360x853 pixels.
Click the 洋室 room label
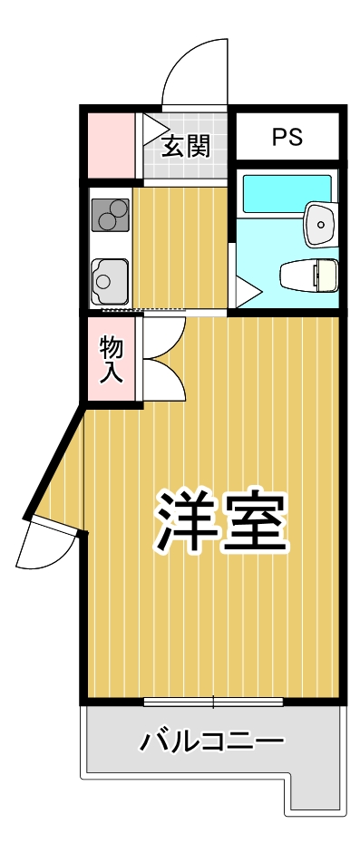(x=222, y=524)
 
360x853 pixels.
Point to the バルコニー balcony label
(x=211, y=742)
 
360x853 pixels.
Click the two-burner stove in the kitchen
(x=111, y=216)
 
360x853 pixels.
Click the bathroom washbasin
(x=320, y=222)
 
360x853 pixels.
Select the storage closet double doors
(x=162, y=357)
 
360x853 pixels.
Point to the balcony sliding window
(x=213, y=702)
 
